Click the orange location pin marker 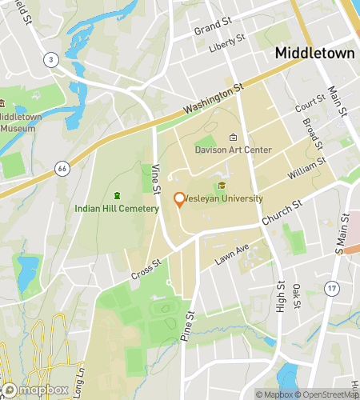click(179, 200)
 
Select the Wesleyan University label click(226, 198)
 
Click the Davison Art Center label click(233, 150)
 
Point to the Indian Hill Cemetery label click(117, 208)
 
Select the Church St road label click(281, 213)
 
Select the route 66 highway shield click(62, 168)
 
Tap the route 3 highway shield click(50, 59)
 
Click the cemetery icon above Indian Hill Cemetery click(117, 195)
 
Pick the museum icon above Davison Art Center click(233, 137)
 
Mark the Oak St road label click(297, 296)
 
